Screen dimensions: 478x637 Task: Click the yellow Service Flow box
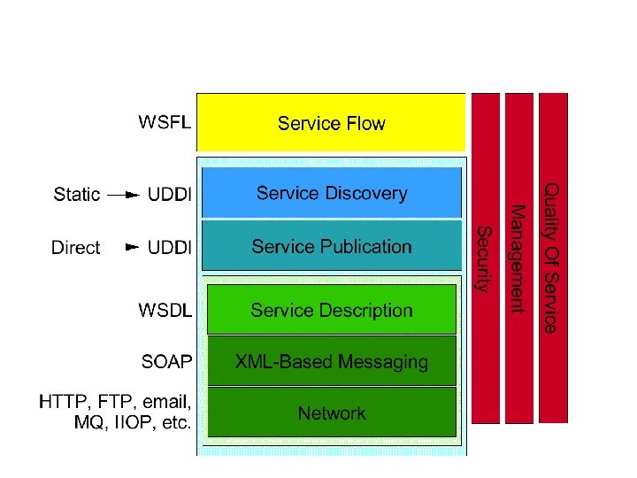pyautogui.click(x=331, y=122)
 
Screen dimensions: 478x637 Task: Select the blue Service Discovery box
pyautogui.click(x=331, y=193)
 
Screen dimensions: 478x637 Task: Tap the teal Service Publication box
pyautogui.click(x=331, y=246)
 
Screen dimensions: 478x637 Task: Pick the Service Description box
pyautogui.click(x=331, y=310)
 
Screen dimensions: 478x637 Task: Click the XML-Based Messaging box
pyautogui.click(x=331, y=361)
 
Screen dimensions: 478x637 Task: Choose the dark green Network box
pyautogui.click(x=331, y=412)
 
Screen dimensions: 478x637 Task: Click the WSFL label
pyautogui.click(x=164, y=122)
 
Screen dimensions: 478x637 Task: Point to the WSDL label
pyautogui.click(x=165, y=310)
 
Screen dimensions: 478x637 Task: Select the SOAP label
pyautogui.click(x=166, y=361)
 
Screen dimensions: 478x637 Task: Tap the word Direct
pyautogui.click(x=76, y=248)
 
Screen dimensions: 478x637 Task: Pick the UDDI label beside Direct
pyautogui.click(x=169, y=248)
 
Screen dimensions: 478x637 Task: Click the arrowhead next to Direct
pyautogui.click(x=132, y=247)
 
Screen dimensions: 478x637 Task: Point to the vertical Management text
pyautogui.click(x=518, y=258)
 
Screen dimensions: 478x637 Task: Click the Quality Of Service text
pyautogui.click(x=550, y=258)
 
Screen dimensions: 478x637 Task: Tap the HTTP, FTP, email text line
pyautogui.click(x=115, y=403)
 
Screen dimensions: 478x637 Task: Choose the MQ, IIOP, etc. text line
pyautogui.click(x=132, y=423)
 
